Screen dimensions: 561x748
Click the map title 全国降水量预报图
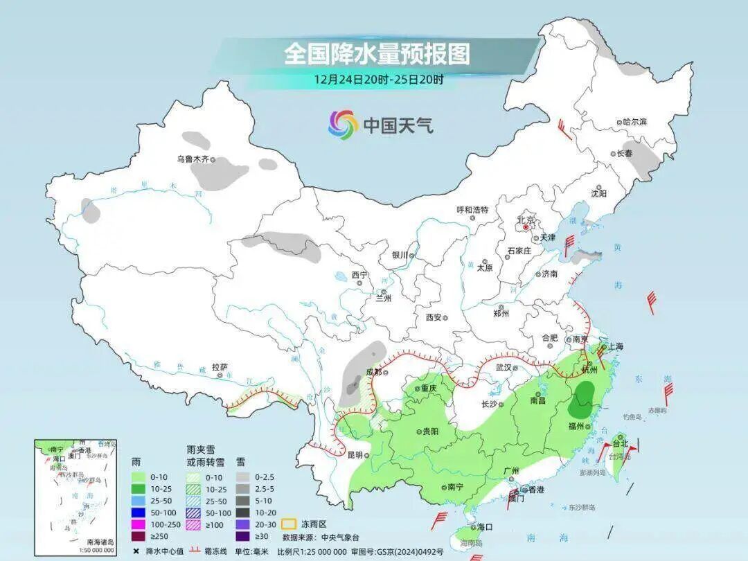[x=377, y=53]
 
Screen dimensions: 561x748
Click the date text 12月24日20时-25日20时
[x=378, y=79]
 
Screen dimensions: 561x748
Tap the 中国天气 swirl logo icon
[x=343, y=125]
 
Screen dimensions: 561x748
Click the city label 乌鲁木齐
[x=192, y=159]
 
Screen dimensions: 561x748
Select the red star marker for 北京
[x=526, y=226]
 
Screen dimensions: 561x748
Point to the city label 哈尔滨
[x=633, y=122]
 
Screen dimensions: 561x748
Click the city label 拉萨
[x=220, y=367]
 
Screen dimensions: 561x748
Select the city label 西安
[x=433, y=317]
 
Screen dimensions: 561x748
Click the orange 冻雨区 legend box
[x=290, y=524]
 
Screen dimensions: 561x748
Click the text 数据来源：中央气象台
[x=320, y=537]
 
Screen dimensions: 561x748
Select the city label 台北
[x=619, y=443]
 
